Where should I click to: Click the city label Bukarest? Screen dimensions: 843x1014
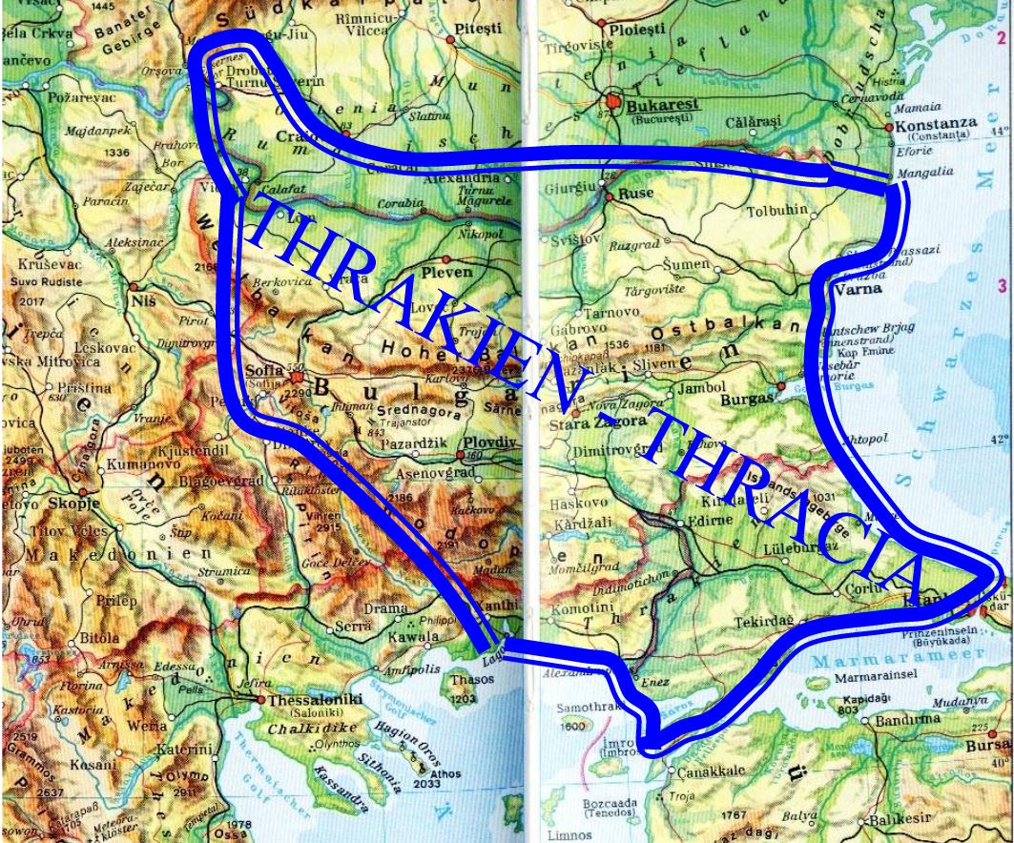click(662, 106)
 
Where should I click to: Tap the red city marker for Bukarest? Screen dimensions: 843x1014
click(613, 98)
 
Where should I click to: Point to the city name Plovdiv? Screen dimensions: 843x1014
click(488, 442)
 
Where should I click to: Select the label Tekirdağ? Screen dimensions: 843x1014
click(763, 622)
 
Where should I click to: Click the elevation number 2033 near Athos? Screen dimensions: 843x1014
click(426, 784)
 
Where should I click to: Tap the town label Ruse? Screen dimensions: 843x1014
click(635, 192)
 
